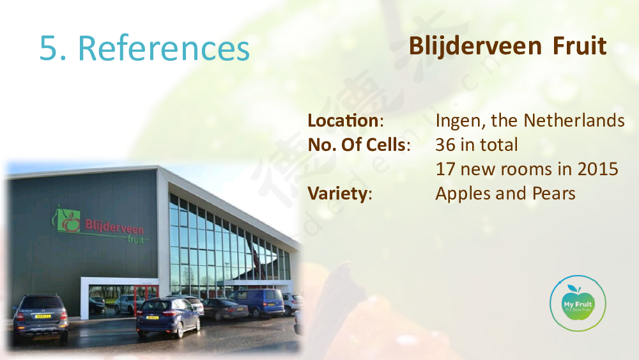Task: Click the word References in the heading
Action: click(164, 48)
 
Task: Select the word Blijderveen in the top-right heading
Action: click(475, 45)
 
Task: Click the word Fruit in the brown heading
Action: click(580, 45)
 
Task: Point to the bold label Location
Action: click(343, 121)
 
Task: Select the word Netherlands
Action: click(574, 121)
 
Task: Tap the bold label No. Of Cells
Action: click(357, 145)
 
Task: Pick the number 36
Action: click(445, 145)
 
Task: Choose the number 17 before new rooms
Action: click(445, 169)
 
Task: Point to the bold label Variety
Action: click(337, 194)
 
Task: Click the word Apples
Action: click(463, 194)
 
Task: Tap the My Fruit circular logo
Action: click(578, 303)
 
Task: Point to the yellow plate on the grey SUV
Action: click(42, 316)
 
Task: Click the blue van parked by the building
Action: click(256, 302)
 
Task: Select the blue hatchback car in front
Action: click(168, 317)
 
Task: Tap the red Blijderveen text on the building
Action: click(114, 228)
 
